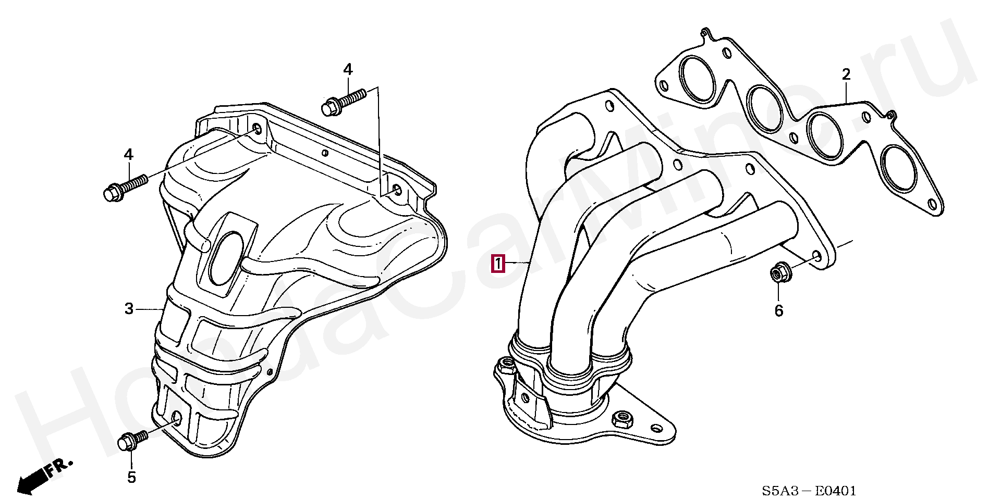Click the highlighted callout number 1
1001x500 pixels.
[499, 264]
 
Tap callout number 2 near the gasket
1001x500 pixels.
[846, 74]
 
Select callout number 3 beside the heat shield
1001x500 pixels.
[129, 309]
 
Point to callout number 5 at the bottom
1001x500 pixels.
[131, 477]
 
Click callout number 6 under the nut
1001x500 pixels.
[778, 311]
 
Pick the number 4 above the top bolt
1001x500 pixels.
[348, 69]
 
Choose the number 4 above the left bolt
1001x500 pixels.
[128, 154]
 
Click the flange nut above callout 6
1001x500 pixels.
[778, 273]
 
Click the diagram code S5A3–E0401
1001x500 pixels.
[809, 491]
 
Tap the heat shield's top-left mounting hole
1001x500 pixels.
[257, 128]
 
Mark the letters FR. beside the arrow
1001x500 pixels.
[58, 467]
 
